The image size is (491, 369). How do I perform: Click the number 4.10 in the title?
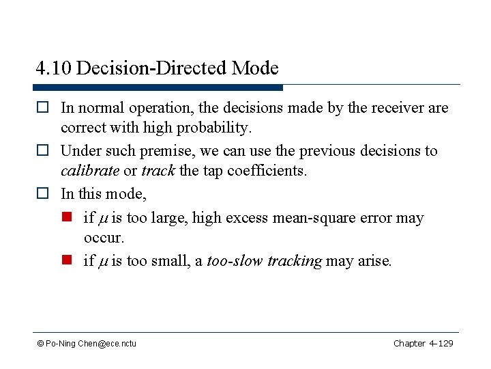pos(54,68)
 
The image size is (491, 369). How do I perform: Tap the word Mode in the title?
pos(255,68)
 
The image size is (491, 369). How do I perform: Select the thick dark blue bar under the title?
pos(158,87)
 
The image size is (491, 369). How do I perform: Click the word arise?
pos(374,261)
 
